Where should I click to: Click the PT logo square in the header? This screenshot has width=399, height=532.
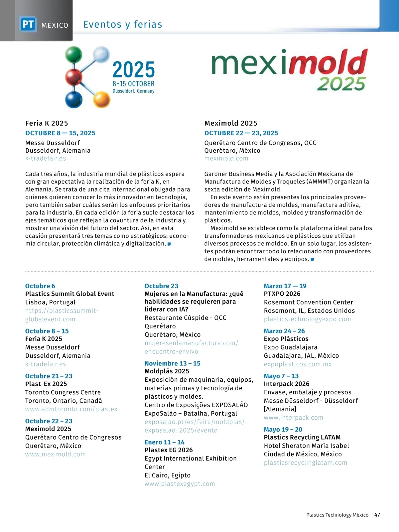[28, 24]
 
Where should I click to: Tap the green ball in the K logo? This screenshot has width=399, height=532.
[73, 55]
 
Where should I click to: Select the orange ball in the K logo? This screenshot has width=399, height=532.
[101, 99]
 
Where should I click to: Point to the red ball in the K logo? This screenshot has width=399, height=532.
[73, 77]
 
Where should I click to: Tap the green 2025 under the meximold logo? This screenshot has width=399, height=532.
[341, 83]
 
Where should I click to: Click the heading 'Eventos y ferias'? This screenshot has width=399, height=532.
[123, 24]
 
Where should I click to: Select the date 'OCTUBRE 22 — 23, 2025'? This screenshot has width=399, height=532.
[241, 133]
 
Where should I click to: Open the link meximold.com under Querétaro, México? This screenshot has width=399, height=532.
[226, 158]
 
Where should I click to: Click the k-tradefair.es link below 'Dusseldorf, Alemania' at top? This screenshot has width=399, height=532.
[46, 158]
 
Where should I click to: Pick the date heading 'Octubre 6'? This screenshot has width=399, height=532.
[40, 286]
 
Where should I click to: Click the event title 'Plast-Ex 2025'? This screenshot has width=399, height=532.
[46, 384]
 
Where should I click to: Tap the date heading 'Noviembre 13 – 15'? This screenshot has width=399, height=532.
[172, 363]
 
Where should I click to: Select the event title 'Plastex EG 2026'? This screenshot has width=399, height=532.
[169, 450]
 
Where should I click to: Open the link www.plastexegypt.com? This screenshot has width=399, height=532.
[180, 484]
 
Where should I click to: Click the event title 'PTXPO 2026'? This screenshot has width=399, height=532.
[282, 294]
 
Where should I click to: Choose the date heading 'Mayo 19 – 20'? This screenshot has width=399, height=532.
[283, 430]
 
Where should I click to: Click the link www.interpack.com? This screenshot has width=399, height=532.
[293, 418]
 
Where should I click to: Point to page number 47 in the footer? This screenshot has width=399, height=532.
[377, 515]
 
